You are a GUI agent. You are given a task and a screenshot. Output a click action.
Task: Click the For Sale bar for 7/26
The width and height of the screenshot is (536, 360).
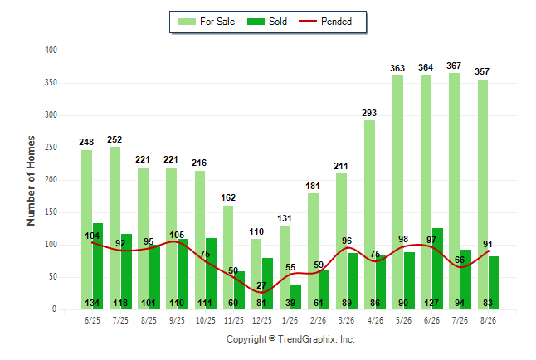coord(455,191)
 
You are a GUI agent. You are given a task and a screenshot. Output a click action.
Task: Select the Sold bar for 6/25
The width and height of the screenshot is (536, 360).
coord(98,266)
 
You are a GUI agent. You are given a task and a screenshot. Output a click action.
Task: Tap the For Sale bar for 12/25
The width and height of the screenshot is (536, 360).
coord(256,275)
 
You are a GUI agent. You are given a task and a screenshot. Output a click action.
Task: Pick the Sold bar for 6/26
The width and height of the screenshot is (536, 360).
coord(437,269)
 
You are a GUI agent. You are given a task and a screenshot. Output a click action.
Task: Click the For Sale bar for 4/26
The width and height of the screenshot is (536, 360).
coord(369,215)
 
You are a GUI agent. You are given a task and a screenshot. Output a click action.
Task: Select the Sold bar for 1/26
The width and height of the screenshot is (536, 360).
coord(295,298)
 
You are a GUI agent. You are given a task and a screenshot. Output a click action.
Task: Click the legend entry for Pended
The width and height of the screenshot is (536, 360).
coord(325,22)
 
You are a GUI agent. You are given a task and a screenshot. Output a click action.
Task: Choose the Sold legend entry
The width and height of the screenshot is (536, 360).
coord(267,22)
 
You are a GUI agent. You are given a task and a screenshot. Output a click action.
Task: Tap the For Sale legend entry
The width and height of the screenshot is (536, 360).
coord(207,22)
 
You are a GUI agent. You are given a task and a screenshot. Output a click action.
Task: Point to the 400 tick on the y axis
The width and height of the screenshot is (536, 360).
coord(51,51)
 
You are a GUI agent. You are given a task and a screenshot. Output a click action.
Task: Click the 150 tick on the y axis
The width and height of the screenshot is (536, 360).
coord(51,212)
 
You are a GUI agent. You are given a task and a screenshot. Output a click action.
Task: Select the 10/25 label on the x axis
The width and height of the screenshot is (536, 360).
coord(206,320)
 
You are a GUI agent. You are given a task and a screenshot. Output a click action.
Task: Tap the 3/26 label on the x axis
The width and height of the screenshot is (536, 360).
coord(346,320)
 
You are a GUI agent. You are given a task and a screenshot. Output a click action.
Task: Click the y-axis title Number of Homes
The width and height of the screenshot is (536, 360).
coord(31,181)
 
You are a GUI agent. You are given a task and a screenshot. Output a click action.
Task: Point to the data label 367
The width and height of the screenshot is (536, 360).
coord(454,66)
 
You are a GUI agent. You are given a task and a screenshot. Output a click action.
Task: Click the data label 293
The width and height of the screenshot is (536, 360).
coord(369,113)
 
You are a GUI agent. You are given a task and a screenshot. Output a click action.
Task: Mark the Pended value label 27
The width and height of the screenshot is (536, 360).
coord(261,285)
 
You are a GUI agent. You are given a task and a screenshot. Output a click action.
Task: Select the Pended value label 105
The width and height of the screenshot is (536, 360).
coord(177,235)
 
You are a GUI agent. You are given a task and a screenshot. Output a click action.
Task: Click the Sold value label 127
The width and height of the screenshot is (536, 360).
coord(431,303)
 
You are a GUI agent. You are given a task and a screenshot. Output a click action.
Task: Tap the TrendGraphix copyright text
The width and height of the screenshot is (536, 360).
coord(290,339)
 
